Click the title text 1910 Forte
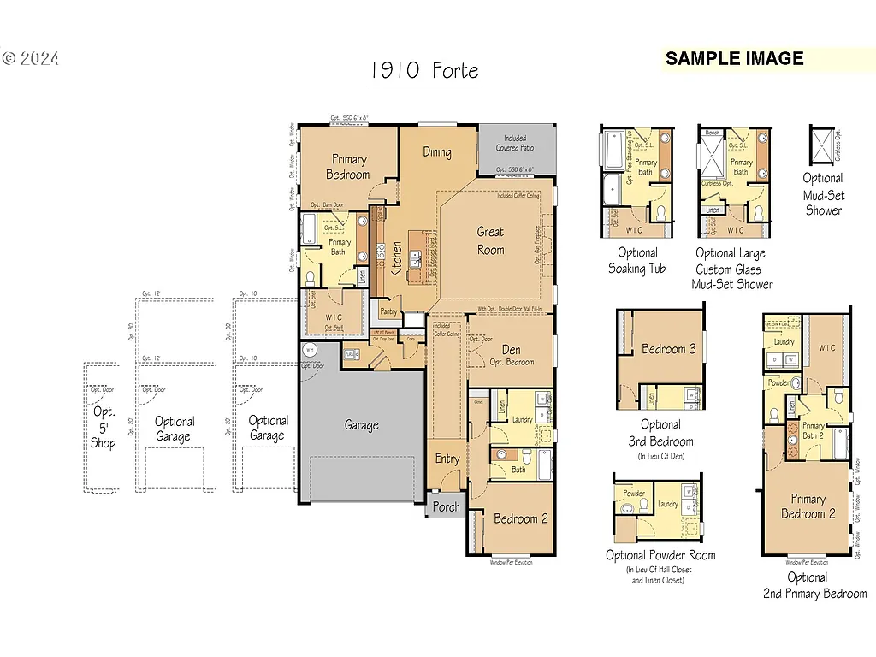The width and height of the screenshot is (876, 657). [x=424, y=71]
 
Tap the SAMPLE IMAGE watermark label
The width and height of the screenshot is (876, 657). [x=734, y=59]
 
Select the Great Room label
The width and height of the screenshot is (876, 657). [x=491, y=240]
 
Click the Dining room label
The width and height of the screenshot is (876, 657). [x=437, y=152]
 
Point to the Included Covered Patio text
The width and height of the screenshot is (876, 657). [x=515, y=143]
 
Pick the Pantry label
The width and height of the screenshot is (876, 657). [x=388, y=312]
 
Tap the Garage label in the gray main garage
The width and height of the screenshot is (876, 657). [x=362, y=425]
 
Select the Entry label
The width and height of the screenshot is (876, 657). [x=447, y=459]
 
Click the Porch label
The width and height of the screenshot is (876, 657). [x=446, y=506]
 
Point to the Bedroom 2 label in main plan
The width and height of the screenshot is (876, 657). [x=521, y=518]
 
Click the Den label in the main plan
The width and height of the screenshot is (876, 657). [x=512, y=350]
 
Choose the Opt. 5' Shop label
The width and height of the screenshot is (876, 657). [x=104, y=427]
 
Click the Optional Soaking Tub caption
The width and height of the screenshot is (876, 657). [x=638, y=260]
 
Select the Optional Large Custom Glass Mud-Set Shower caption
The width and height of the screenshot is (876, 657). [x=732, y=269]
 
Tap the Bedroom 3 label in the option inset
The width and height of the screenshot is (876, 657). [x=668, y=349]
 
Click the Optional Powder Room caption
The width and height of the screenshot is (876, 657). [x=660, y=555]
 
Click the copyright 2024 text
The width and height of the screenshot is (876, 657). [x=31, y=59]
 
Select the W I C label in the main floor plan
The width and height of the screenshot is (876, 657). [x=334, y=318]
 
